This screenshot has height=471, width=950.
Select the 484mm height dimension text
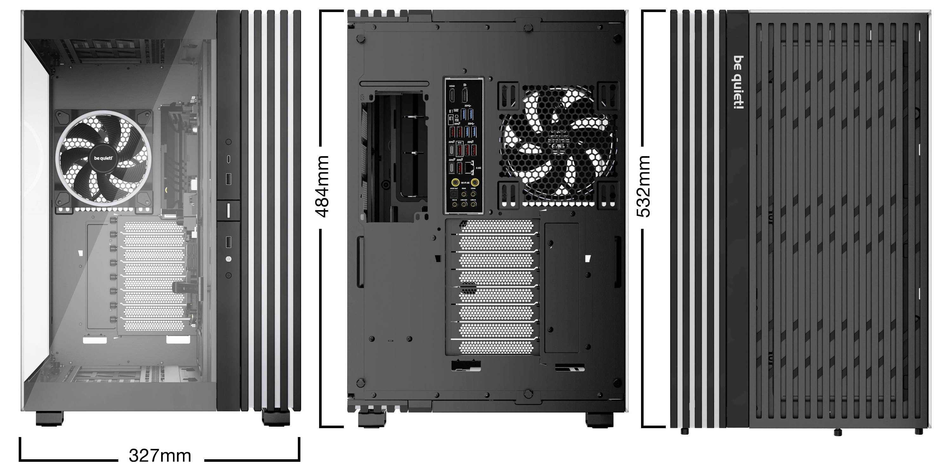pyautogui.click(x=322, y=186)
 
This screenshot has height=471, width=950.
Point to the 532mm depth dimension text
pyautogui.click(x=644, y=186)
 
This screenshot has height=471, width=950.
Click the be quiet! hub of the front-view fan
pyautogui.click(x=103, y=159)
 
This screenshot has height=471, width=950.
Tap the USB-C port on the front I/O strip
pyautogui.click(x=229, y=159)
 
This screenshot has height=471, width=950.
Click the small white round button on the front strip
pyautogui.click(x=228, y=259)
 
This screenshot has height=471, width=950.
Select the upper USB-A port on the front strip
pyautogui.click(x=228, y=179)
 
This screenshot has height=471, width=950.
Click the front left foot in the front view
pyautogui.click(x=49, y=418)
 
